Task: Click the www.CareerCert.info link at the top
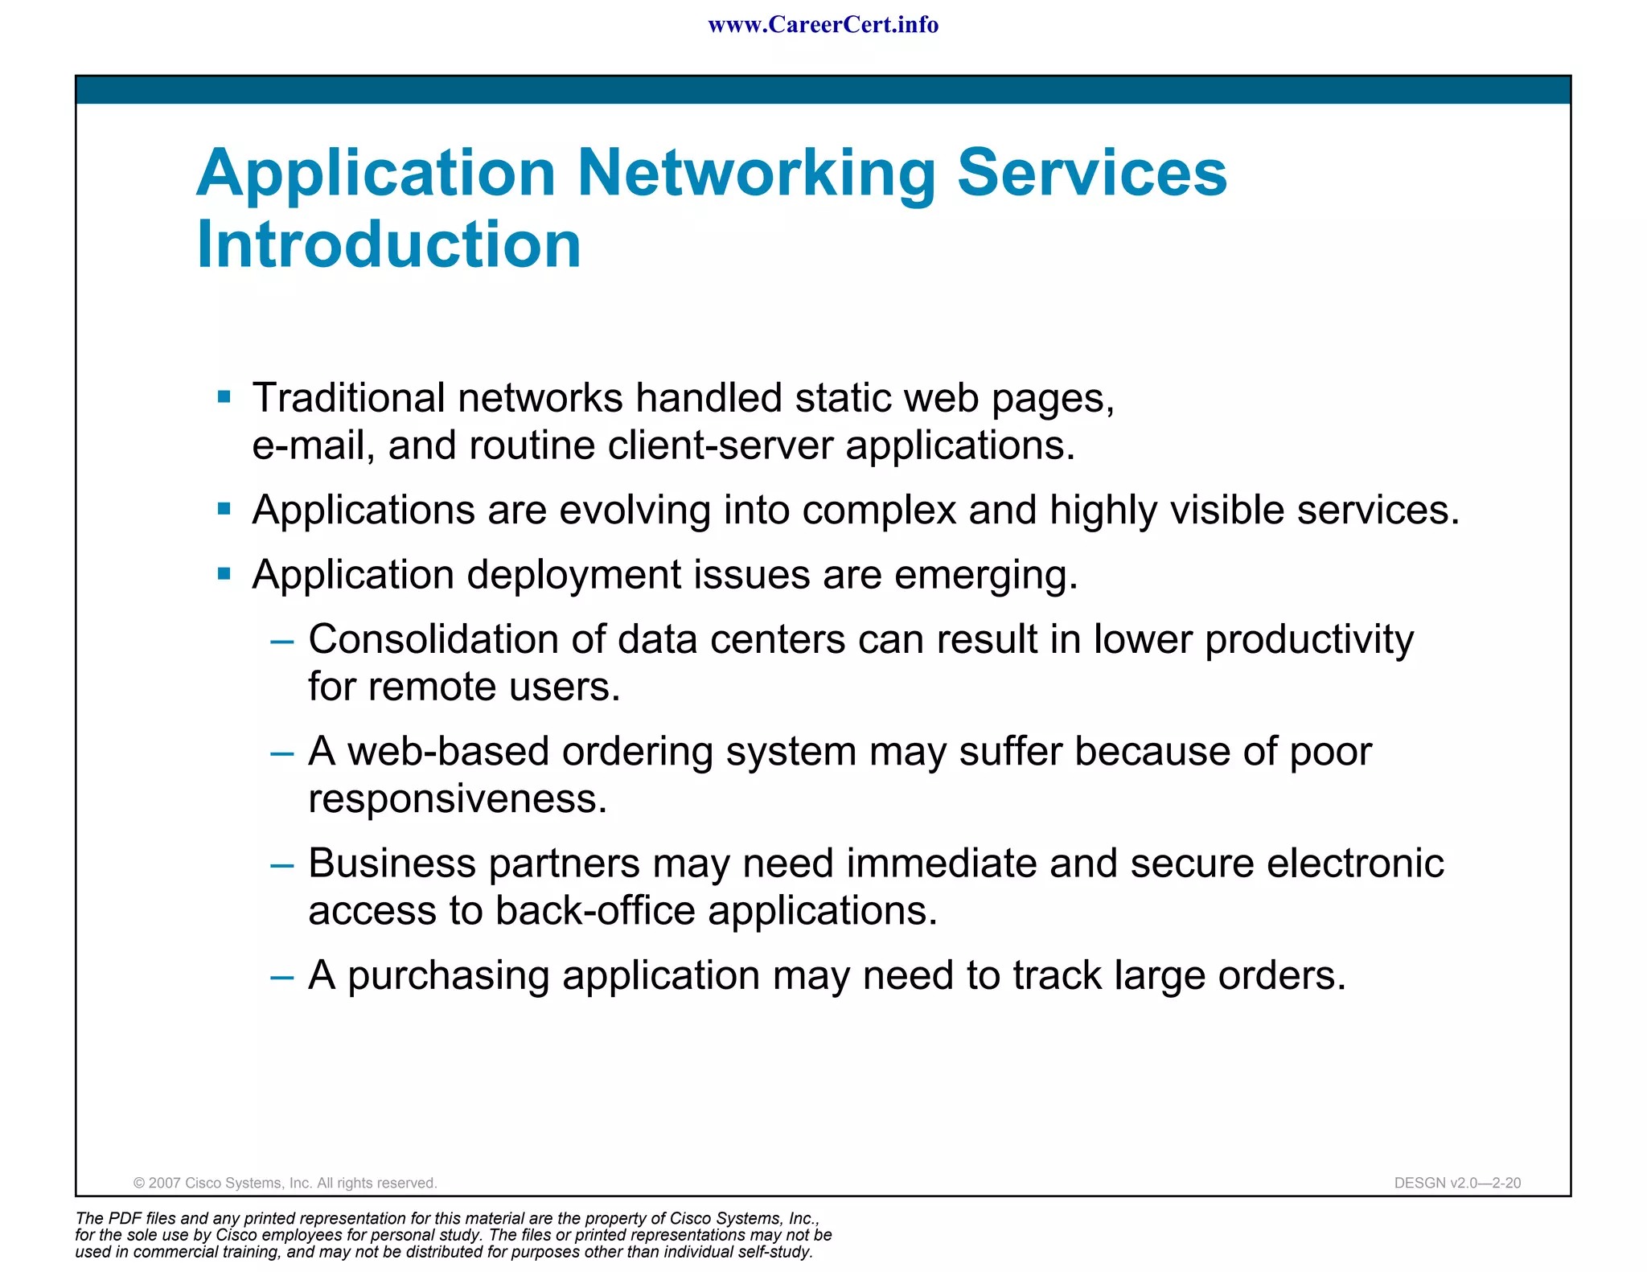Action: pyautogui.click(x=823, y=25)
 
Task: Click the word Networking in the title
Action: pyautogui.click(x=756, y=173)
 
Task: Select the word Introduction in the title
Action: pyautogui.click(x=388, y=244)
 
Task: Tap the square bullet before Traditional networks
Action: pyautogui.click(x=224, y=396)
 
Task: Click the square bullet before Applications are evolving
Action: pyautogui.click(x=224, y=509)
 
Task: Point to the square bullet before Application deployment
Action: pyautogui.click(x=224, y=573)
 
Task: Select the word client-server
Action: pyautogui.click(x=720, y=445)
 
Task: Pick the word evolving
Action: pyautogui.click(x=635, y=510)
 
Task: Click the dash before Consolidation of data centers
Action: pyautogui.click(x=282, y=642)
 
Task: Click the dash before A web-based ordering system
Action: pyautogui.click(x=282, y=753)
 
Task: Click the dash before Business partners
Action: pyautogui.click(x=282, y=865)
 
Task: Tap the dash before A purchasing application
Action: pyautogui.click(x=282, y=977)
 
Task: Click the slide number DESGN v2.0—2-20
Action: pyautogui.click(x=1457, y=1183)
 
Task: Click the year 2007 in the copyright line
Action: pyautogui.click(x=165, y=1183)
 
